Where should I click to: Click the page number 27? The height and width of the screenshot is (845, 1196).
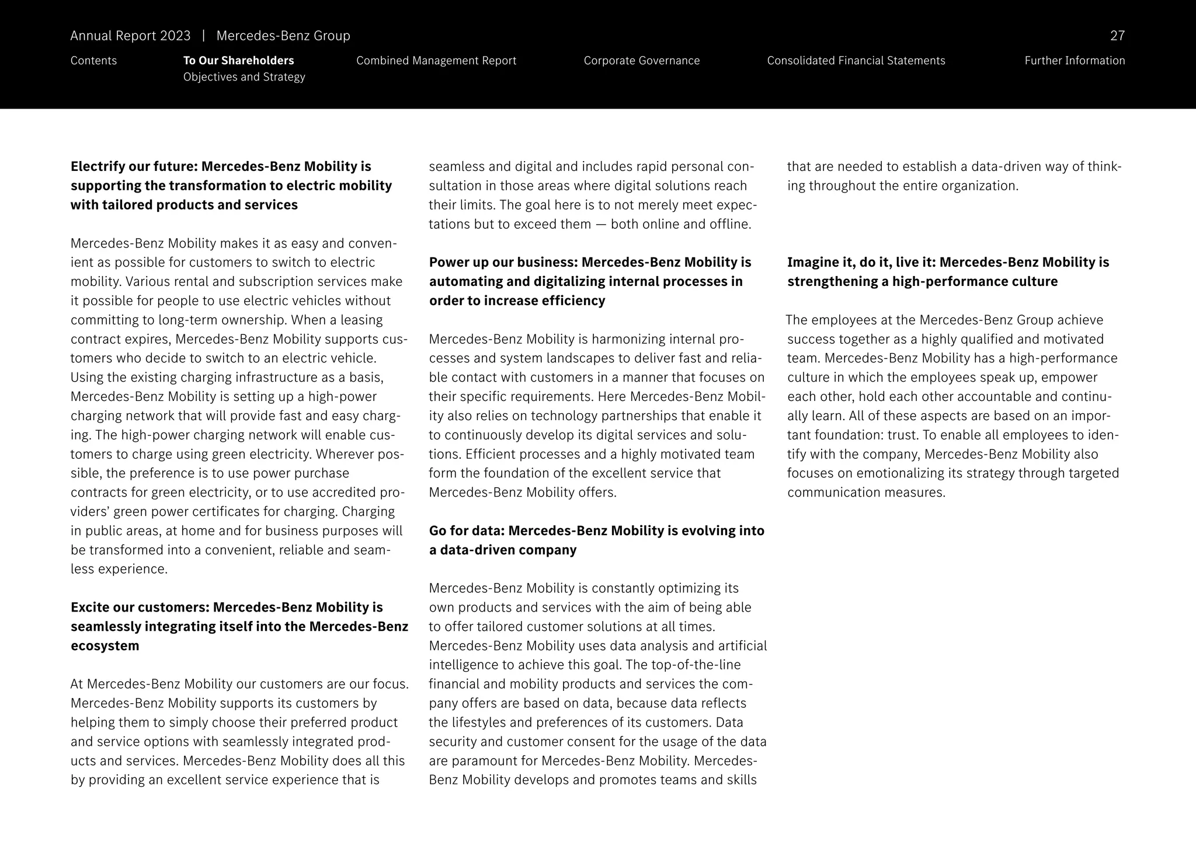(x=1117, y=36)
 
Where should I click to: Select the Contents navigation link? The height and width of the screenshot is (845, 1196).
(x=93, y=61)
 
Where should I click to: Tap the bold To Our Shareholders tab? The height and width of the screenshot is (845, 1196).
(x=238, y=61)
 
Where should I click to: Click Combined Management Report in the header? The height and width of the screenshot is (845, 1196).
(x=436, y=61)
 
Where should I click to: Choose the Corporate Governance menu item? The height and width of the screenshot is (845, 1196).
(x=641, y=61)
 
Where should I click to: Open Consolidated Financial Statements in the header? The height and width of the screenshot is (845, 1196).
(x=856, y=61)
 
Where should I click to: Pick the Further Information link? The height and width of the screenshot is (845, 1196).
(x=1074, y=61)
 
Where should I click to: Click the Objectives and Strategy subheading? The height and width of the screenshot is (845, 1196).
(x=244, y=77)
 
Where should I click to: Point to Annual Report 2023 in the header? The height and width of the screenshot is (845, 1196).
(x=130, y=36)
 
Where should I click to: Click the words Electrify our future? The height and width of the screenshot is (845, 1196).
(x=132, y=166)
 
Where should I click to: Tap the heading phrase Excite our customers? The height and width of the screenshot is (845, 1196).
(x=139, y=607)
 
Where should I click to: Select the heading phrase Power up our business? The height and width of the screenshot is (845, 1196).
(x=503, y=263)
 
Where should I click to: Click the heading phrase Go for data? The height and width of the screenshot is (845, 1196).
(x=466, y=531)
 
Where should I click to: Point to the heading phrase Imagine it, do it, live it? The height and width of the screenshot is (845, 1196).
(x=861, y=263)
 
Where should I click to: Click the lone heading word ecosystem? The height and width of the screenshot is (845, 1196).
(x=105, y=646)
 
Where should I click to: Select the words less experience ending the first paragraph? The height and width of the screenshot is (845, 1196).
(x=119, y=570)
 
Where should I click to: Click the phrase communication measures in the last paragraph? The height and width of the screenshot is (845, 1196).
(x=865, y=493)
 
